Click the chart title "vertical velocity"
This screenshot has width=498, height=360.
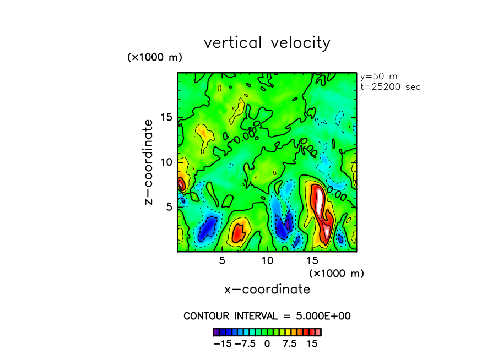[267, 43]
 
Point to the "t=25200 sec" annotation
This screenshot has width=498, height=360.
[389, 87]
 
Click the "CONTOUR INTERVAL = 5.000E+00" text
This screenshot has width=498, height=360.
[267, 316]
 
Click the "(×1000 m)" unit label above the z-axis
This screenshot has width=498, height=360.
[155, 57]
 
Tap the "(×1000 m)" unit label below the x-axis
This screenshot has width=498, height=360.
[337, 273]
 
